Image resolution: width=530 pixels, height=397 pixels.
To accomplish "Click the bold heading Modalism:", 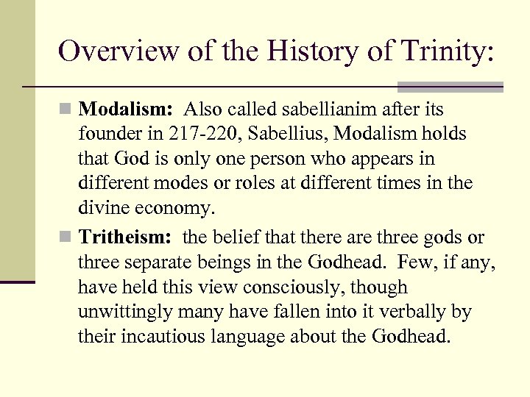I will click(126, 110).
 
